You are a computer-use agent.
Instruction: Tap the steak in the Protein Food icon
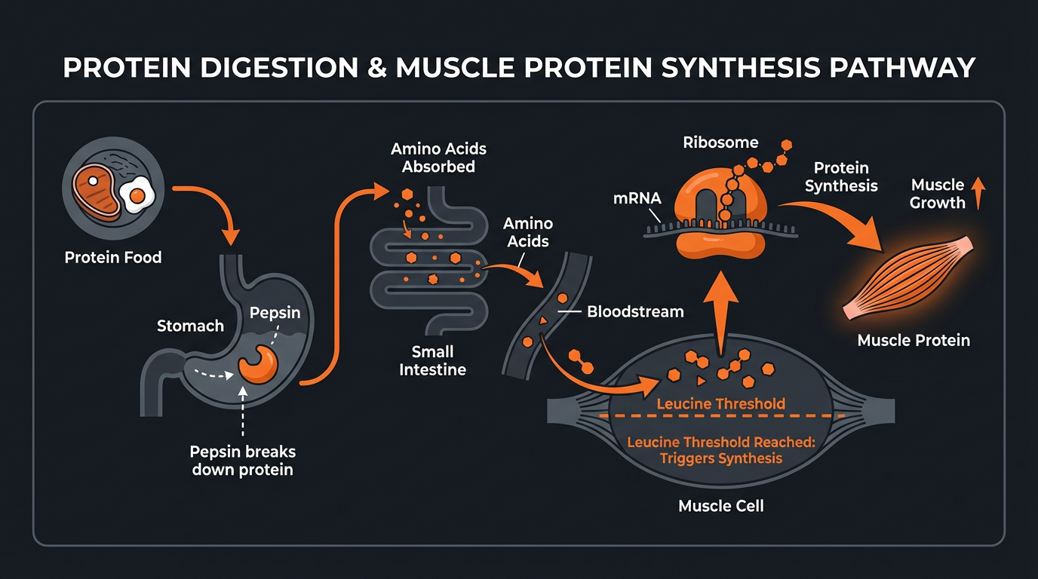[96, 188]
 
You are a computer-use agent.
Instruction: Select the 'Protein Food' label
[113, 258]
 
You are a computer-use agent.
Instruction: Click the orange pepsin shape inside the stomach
[259, 364]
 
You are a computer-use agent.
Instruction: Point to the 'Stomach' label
[190, 326]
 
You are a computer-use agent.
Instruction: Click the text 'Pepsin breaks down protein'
[243, 461]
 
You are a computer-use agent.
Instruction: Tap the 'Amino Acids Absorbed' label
[438, 158]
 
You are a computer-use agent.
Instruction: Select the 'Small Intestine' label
[432, 360]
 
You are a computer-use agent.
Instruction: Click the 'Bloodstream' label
[635, 311]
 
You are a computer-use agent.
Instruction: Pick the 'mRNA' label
[637, 198]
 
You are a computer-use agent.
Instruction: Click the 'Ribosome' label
[720, 142]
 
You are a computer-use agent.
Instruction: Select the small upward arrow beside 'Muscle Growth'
[978, 193]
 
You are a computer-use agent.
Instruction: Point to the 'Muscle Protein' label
[914, 341]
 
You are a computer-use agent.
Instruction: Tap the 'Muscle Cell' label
[721, 506]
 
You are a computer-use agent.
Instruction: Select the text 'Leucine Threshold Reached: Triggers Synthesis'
[721, 450]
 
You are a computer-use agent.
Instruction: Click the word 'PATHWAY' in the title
[901, 68]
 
